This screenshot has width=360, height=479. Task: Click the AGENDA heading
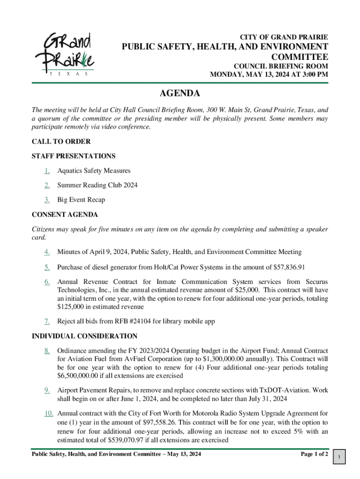[x=180, y=94]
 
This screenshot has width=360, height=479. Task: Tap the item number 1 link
[x=47, y=171]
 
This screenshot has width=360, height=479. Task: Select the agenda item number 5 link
[x=47, y=267]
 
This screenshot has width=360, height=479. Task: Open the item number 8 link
[x=47, y=350]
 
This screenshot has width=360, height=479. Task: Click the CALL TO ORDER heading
[x=61, y=141]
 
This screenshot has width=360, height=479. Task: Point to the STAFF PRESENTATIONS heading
[x=73, y=156]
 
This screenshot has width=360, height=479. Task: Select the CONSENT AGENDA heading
[x=65, y=215]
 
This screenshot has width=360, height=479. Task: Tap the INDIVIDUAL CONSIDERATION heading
[x=84, y=336]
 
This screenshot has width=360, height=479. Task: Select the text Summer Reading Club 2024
[x=97, y=185]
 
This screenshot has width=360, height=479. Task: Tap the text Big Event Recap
[x=81, y=200]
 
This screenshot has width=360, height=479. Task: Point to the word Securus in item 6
[x=313, y=282]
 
